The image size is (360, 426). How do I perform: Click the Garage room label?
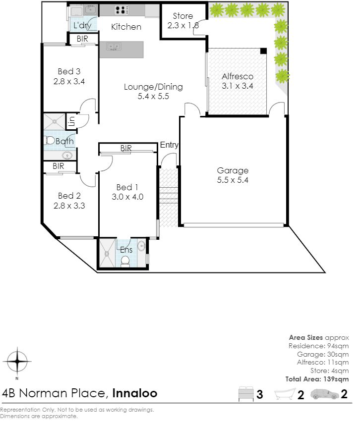233,170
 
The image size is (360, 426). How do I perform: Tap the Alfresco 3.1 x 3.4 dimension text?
238,86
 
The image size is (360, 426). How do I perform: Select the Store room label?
182,16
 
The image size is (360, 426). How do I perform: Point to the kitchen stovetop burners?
120,10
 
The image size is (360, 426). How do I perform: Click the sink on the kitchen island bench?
114,47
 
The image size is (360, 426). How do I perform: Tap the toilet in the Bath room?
49,141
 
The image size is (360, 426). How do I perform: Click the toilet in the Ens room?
125,262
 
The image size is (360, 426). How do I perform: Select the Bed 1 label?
127,187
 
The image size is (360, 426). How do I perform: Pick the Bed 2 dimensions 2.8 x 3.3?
69,206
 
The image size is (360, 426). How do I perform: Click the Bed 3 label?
69,71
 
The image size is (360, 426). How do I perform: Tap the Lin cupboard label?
72,121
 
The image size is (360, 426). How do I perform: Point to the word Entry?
169,145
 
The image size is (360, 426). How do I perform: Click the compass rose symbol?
17,362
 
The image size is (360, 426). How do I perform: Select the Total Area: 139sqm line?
317,379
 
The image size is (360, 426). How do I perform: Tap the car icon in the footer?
325,394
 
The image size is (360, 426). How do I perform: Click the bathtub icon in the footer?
285,394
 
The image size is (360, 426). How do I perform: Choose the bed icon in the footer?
246,394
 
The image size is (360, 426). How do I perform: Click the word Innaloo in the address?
134,393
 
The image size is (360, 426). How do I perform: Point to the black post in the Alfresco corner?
263,51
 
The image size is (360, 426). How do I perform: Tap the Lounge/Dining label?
153,87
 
